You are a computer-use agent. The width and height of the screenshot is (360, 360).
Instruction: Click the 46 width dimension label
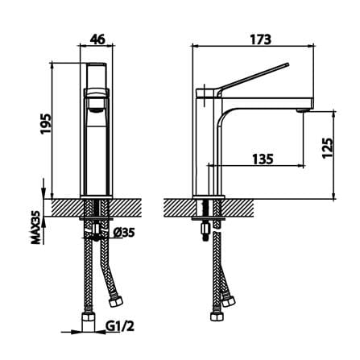click(97, 39)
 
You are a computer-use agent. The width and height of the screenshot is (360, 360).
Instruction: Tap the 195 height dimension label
click(46, 124)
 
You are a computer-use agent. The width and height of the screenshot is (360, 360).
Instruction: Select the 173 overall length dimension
click(261, 39)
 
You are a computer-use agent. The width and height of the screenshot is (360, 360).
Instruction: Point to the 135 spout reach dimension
click(263, 159)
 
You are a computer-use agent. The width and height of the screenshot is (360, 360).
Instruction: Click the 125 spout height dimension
click(328, 148)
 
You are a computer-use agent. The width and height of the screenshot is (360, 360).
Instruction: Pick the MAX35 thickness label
click(35, 227)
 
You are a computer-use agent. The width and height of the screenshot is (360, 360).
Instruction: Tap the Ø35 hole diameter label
click(123, 232)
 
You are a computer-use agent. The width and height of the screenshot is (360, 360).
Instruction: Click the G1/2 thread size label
click(120, 326)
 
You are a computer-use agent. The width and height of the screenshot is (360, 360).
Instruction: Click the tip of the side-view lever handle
click(288, 64)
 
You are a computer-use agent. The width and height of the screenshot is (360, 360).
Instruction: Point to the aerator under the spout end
click(302, 110)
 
